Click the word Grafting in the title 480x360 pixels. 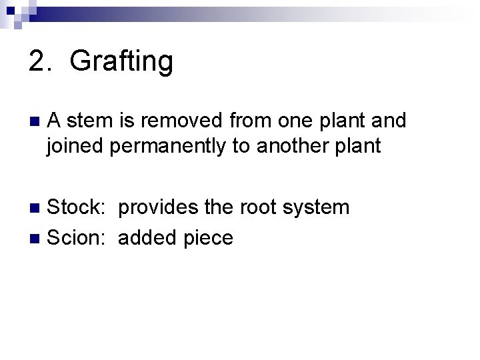[x=121, y=62]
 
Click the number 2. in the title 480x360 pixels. [x=41, y=61]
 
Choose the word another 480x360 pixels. [x=285, y=146]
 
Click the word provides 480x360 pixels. [x=158, y=207]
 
